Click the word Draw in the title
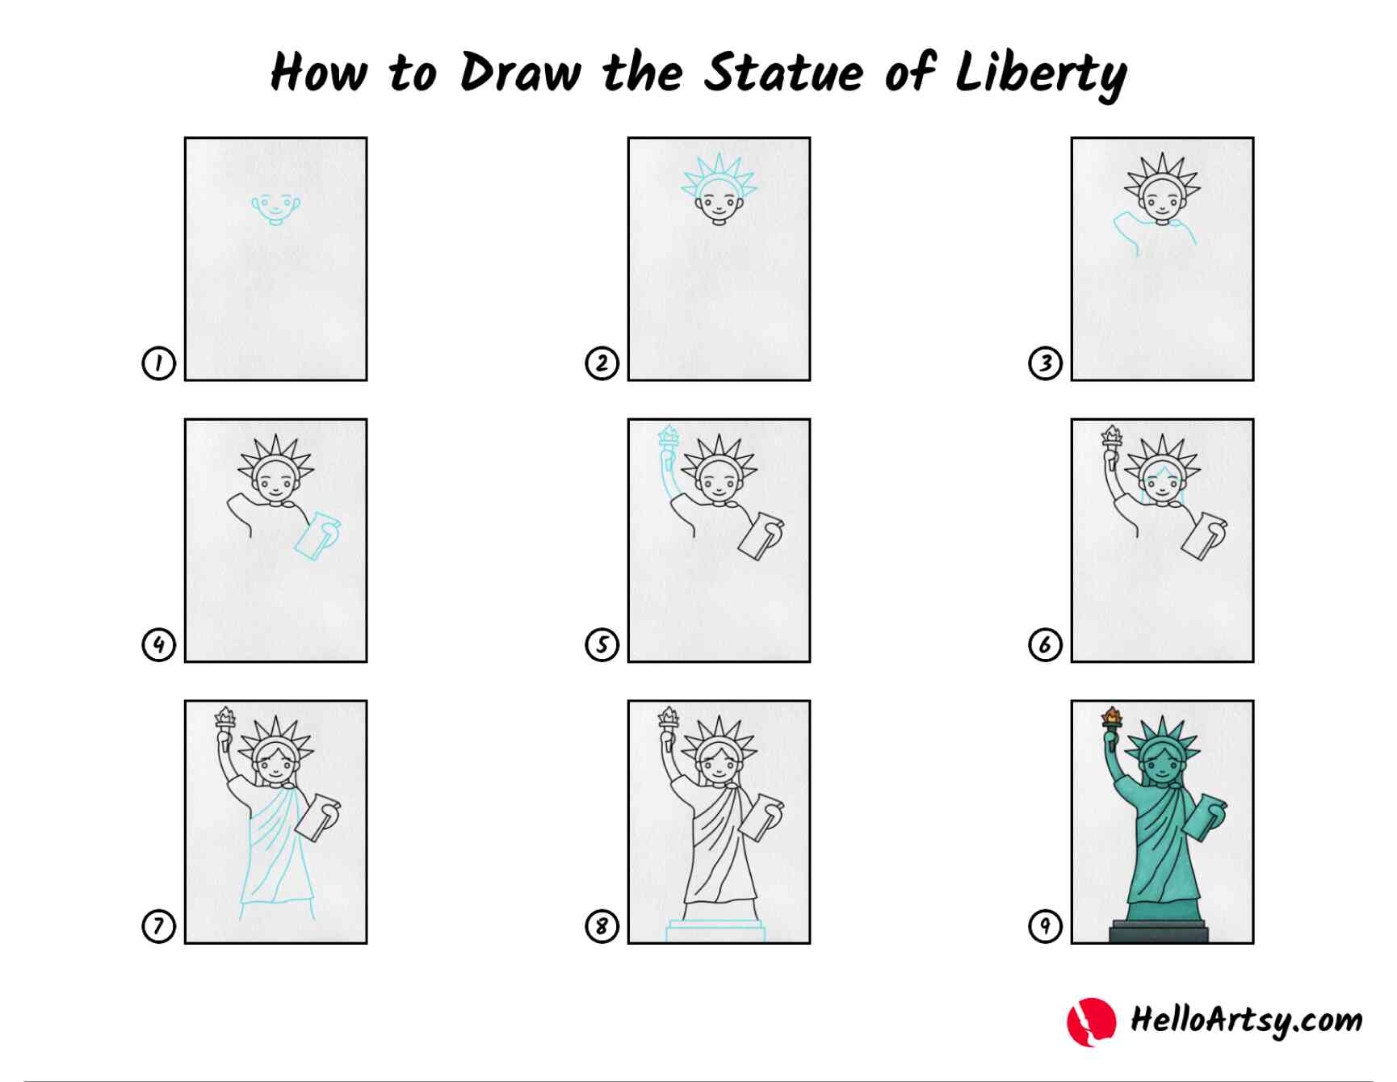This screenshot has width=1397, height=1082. point(520,73)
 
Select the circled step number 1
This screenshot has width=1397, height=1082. point(158,363)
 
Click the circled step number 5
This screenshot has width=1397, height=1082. point(602,645)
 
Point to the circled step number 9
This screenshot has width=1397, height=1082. point(1045,926)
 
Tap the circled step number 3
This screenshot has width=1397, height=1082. point(1045,363)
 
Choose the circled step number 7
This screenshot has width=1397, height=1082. point(158,926)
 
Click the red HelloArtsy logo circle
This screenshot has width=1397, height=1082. point(1091,1021)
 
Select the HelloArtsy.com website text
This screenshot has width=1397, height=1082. point(1246,1020)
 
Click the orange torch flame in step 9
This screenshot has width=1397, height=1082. point(1112,715)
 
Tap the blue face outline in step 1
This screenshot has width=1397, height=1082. point(275,208)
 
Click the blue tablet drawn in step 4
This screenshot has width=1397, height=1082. point(318,534)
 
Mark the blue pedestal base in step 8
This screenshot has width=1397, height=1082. point(715,930)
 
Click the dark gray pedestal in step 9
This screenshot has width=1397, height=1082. point(1159,930)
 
